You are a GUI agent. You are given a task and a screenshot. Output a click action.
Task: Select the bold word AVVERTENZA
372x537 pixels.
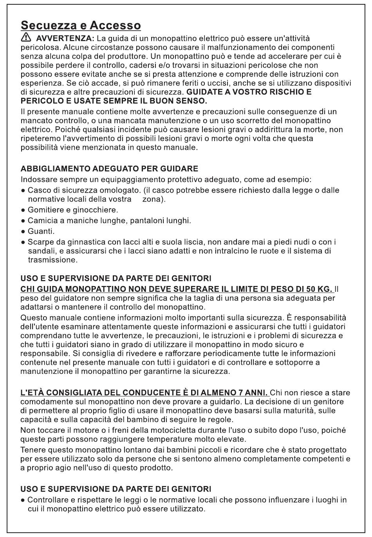pos(65,38)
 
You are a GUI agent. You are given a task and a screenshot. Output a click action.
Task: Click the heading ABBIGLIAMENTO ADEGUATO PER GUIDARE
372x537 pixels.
pos(109,169)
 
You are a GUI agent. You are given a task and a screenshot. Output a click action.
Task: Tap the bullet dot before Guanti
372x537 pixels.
pos(23,231)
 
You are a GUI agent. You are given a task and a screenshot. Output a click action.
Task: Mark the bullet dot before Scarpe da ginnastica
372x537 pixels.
pos(23,242)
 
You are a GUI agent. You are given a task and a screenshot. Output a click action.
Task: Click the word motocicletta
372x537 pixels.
pos(182,430)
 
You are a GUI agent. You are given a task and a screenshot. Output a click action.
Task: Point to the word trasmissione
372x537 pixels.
pos(52,260)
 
